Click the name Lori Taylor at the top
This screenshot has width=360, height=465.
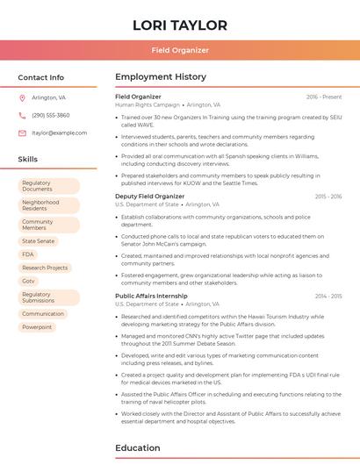click(x=179, y=25)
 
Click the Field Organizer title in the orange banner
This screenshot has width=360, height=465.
click(x=179, y=50)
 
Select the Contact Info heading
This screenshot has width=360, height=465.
click(x=40, y=77)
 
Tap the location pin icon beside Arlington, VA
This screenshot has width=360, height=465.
click(x=22, y=97)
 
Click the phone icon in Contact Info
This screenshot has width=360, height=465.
click(x=22, y=115)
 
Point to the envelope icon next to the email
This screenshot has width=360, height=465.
click(x=22, y=132)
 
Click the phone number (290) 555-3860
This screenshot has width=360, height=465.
click(x=50, y=115)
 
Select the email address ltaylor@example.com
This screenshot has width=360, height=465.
click(x=59, y=132)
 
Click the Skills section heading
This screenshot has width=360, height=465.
click(x=28, y=160)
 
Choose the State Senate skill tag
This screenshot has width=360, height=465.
click(x=38, y=240)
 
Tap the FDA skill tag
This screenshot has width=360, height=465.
click(x=28, y=254)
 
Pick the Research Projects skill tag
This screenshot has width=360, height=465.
click(x=45, y=268)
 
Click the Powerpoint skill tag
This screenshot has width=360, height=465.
click(x=37, y=327)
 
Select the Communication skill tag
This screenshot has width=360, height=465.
click(x=43, y=313)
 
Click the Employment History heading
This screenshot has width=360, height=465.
click(x=161, y=77)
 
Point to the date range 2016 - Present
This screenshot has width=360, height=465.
click(x=324, y=97)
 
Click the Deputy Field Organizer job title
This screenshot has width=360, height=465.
click(x=149, y=197)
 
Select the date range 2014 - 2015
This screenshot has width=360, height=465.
click(x=328, y=296)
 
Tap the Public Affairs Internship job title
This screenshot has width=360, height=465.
click(x=151, y=296)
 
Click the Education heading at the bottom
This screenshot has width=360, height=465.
click(x=139, y=448)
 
